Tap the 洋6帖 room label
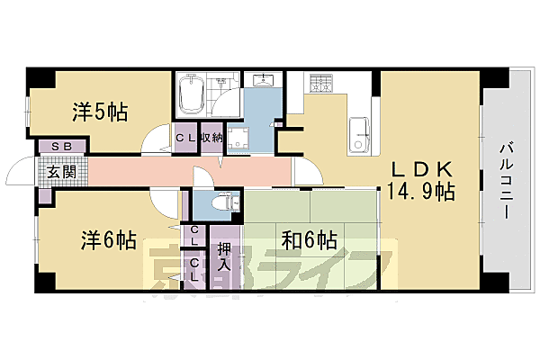[x=109, y=240]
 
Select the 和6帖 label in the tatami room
[x=309, y=240]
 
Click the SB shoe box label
[x=60, y=146]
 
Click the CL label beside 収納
[x=185, y=138]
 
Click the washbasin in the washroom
[x=263, y=84]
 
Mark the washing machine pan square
[x=238, y=139]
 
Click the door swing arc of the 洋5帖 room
[x=160, y=142]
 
